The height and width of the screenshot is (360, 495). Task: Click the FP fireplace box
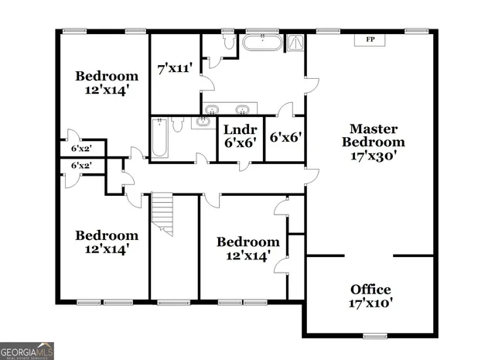[x=370, y=39]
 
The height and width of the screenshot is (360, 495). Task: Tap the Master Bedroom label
[x=373, y=142]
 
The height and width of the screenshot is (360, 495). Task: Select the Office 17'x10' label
[x=371, y=296]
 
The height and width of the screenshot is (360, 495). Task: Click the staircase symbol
[x=162, y=214]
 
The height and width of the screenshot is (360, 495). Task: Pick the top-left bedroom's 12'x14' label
[x=107, y=82]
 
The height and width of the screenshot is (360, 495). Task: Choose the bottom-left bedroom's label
[x=107, y=242]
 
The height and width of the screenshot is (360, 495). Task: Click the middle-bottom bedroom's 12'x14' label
[x=247, y=249]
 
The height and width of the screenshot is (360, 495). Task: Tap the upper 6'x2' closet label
[x=81, y=148]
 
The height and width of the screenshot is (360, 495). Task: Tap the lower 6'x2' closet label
[x=81, y=166]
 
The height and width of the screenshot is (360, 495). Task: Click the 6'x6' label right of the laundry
[x=285, y=138]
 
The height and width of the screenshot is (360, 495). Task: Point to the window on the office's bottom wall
[x=374, y=335]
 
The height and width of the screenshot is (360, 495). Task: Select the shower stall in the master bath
[x=296, y=43]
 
